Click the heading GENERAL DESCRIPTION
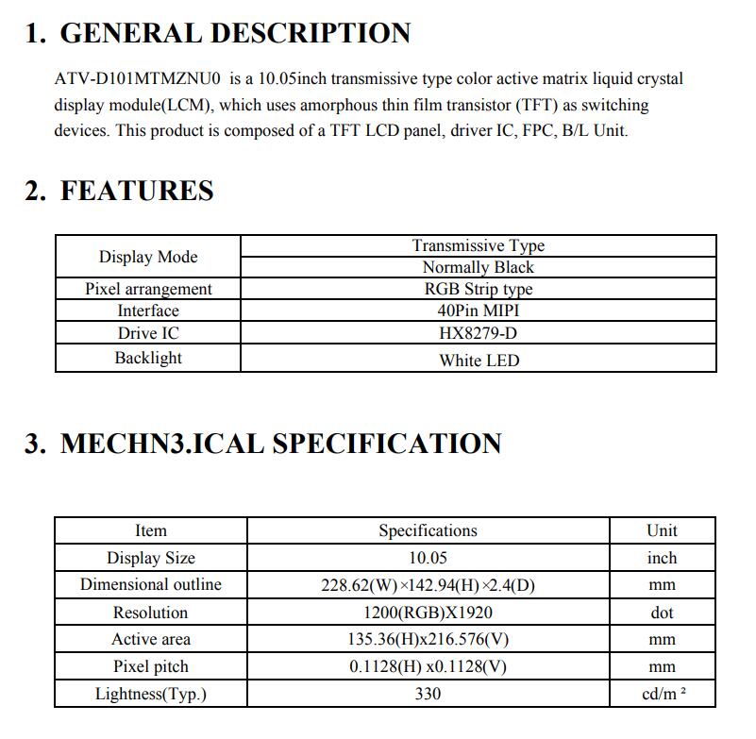[235, 33]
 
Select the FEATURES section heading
[137, 191]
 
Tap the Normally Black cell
[478, 267]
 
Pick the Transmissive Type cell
[478, 245]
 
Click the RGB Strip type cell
[478, 289]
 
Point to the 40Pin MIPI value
[478, 311]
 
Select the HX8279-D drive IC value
[478, 333]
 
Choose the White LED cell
[478, 360]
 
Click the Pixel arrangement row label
[148, 289]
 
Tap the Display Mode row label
[148, 257]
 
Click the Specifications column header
[428, 530]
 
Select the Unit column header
[662, 530]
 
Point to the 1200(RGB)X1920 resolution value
[428, 613]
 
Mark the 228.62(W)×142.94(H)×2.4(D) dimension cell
[428, 585]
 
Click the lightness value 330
[428, 695]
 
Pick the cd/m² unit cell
[662, 695]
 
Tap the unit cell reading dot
[662, 613]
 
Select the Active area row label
[150, 639]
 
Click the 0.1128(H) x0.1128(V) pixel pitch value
[428, 666]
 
